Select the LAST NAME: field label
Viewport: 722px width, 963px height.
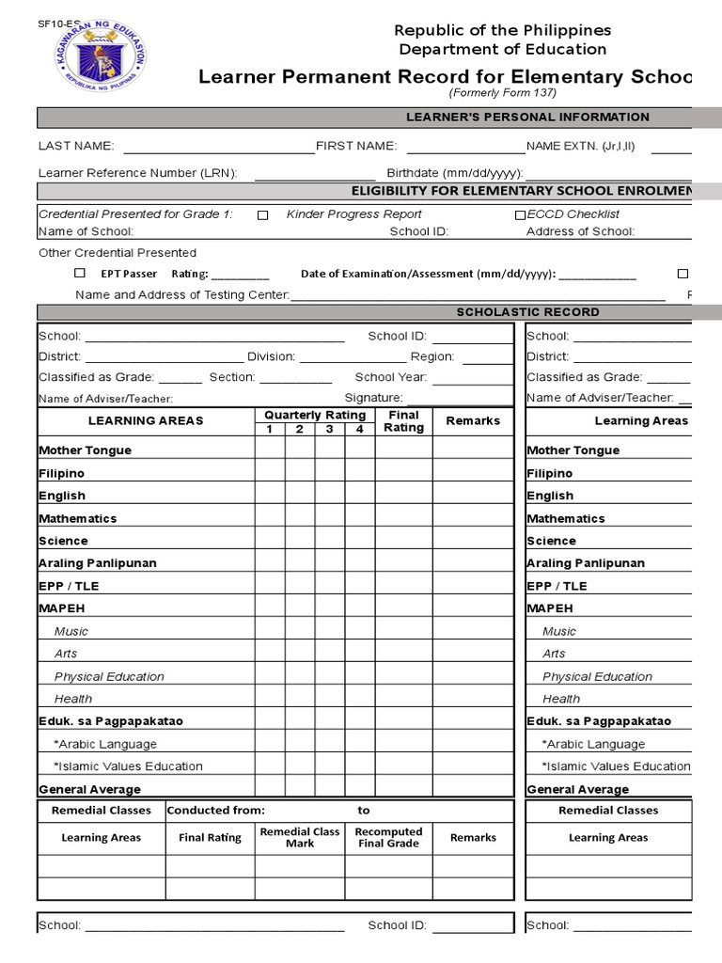[75, 146]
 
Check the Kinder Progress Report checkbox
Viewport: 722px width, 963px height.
[263, 215]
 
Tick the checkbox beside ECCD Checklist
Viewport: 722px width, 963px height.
[520, 215]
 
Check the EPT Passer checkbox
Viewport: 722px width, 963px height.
[80, 274]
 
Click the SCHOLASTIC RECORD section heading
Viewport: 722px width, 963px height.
[527, 311]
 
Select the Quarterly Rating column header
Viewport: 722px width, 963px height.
[315, 415]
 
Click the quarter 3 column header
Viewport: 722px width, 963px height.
[330, 430]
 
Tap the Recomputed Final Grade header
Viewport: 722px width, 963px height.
[389, 837]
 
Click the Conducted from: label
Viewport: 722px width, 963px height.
[215, 810]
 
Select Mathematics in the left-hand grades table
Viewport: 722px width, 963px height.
[78, 518]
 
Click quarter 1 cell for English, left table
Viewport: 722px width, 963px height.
[270, 496]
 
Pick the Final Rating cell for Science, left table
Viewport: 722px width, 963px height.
[403, 541]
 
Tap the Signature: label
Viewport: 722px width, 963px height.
[373, 398]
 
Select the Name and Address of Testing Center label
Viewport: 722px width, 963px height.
[182, 294]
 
